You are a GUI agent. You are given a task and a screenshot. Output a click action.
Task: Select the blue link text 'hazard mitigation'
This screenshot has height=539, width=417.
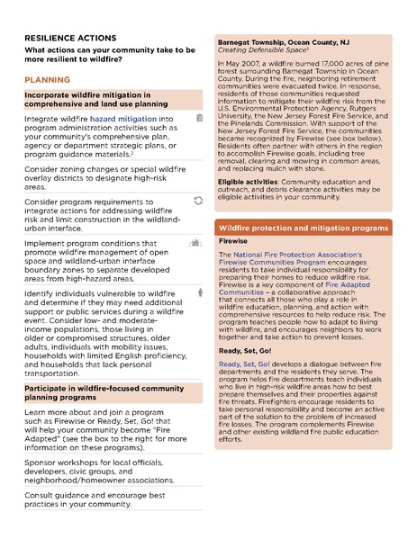click(122, 118)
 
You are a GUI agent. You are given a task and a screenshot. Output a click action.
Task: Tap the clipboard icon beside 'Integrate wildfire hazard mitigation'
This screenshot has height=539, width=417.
click(198, 118)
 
